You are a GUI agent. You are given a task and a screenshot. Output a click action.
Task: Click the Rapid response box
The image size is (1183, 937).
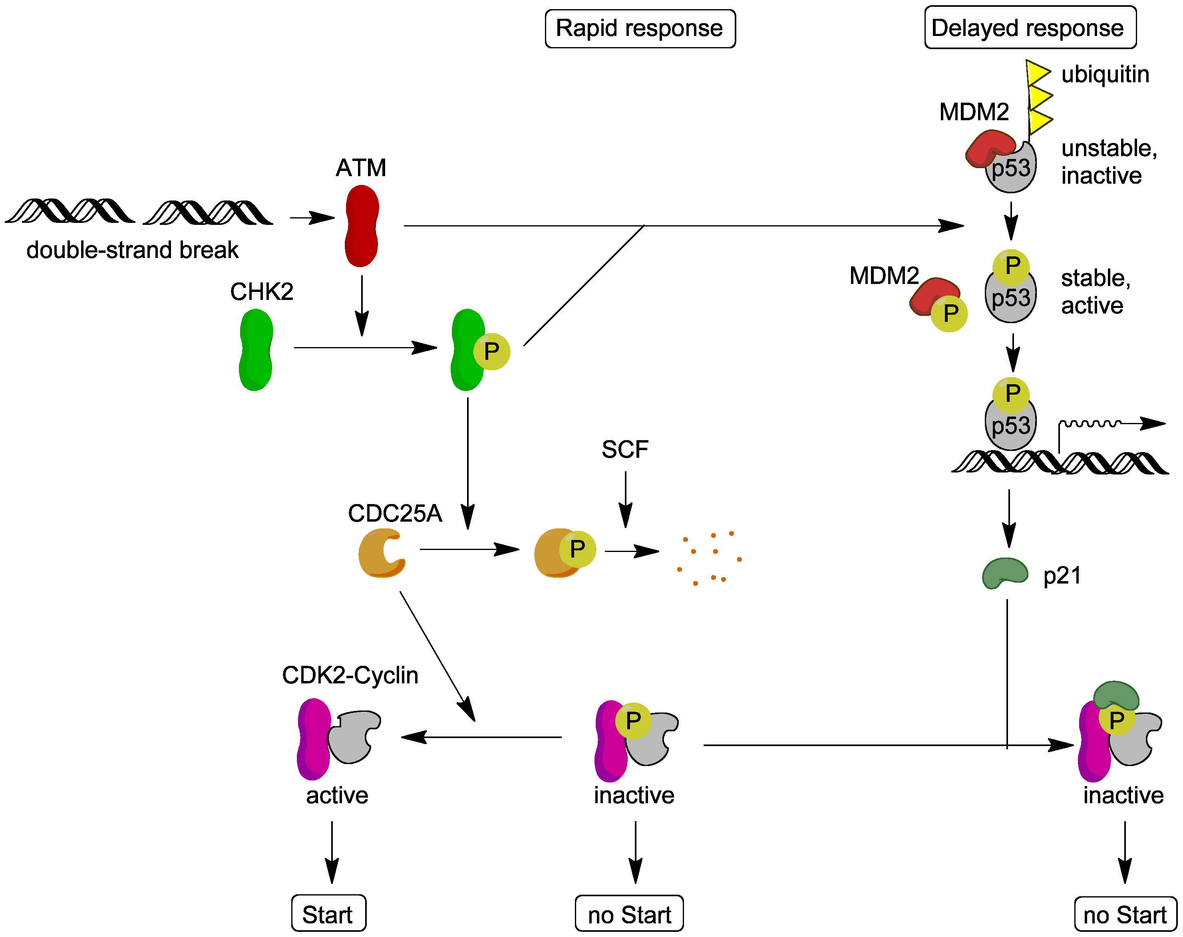pyautogui.click(x=640, y=28)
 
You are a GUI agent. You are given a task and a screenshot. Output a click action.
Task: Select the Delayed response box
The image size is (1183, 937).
pyautogui.click(x=1030, y=28)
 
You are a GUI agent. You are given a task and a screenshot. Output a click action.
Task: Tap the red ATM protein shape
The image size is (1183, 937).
pyautogui.click(x=362, y=226)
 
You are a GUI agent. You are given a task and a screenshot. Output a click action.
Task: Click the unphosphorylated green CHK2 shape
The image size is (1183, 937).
pyautogui.click(x=256, y=350)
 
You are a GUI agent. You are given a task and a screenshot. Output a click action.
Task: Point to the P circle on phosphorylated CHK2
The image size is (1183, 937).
pyautogui.click(x=492, y=351)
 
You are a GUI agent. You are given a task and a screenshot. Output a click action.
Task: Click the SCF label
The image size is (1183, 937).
pyautogui.click(x=624, y=450)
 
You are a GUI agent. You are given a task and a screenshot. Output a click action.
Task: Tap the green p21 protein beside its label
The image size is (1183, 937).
pyautogui.click(x=1004, y=573)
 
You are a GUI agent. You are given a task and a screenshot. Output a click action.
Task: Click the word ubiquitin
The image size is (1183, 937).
pyautogui.click(x=1105, y=74)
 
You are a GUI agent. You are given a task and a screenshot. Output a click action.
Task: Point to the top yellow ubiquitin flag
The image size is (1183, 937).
pyautogui.click(x=1038, y=72)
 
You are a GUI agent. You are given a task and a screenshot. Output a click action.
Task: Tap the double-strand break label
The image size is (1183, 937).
pyautogui.click(x=132, y=250)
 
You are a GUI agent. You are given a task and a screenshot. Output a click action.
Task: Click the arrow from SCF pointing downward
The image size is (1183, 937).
pyautogui.click(x=625, y=499)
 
